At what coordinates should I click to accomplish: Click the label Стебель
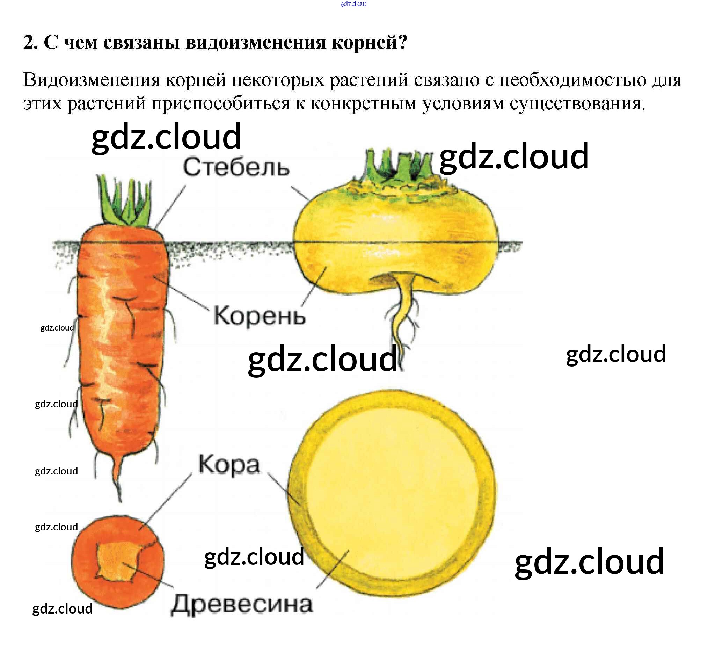pyautogui.click(x=236, y=167)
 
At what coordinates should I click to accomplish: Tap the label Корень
pyautogui.click(x=260, y=315)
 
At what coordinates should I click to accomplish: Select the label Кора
pyautogui.click(x=229, y=465)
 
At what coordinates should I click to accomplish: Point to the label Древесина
pyautogui.click(x=242, y=604)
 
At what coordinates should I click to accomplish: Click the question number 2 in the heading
pyautogui.click(x=30, y=42)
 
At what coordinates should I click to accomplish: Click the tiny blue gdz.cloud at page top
pyautogui.click(x=353, y=4)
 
